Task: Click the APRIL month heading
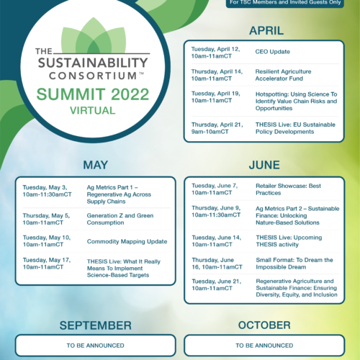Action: click(x=266, y=31)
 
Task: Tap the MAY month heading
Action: click(x=96, y=165)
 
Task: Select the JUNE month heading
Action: click(x=264, y=165)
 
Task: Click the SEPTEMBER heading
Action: click(x=96, y=325)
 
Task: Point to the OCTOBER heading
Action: click(x=264, y=325)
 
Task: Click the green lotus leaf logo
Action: click(x=94, y=35)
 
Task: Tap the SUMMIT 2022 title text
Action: click(x=93, y=94)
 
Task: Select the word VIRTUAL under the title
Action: click(x=93, y=111)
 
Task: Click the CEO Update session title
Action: click(x=273, y=52)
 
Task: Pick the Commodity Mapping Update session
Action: click(x=127, y=241)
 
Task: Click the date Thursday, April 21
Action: click(x=217, y=125)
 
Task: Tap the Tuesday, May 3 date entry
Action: click(x=45, y=187)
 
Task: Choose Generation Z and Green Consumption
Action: click(x=120, y=219)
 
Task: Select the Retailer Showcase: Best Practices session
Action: click(x=288, y=189)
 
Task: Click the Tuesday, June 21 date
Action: click(x=217, y=282)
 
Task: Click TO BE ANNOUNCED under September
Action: click(x=96, y=346)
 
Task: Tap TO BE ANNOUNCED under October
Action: click(x=264, y=346)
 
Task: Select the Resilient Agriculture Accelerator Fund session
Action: click(x=283, y=75)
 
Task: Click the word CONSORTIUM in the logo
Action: click(x=93, y=76)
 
